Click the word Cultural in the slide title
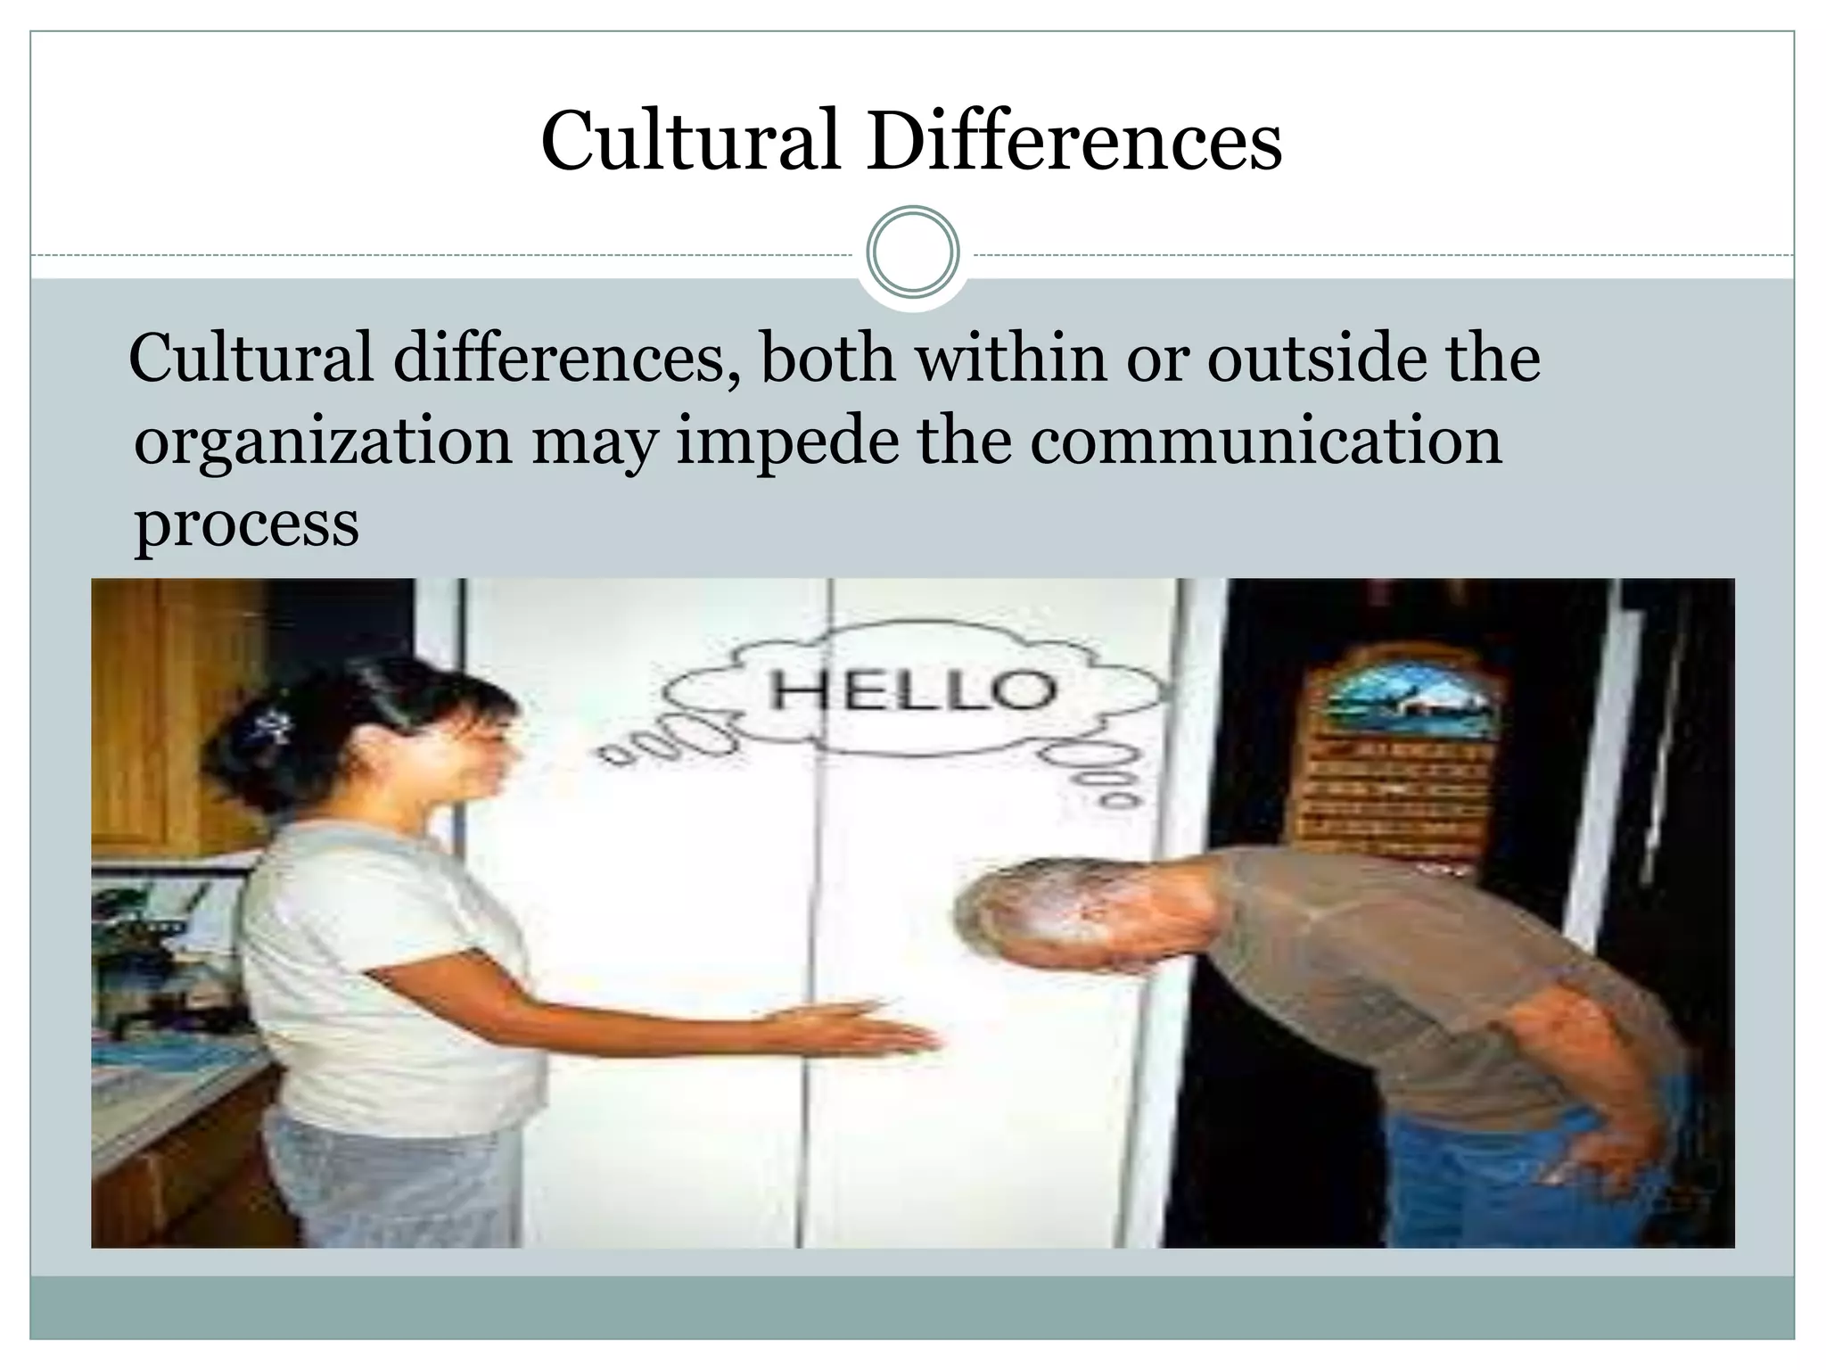pyautogui.click(x=691, y=141)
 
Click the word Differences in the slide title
pyautogui.click(x=1073, y=141)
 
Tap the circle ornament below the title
pyautogui.click(x=913, y=252)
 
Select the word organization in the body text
pyautogui.click(x=323, y=442)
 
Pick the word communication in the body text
pyautogui.click(x=1266, y=442)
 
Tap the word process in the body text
pyautogui.click(x=247, y=524)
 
